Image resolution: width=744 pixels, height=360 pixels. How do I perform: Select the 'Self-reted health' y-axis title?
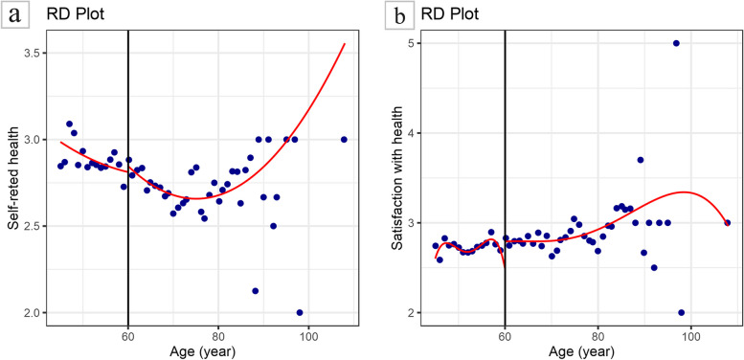click(12, 177)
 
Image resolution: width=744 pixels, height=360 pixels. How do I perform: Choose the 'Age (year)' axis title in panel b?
click(575, 351)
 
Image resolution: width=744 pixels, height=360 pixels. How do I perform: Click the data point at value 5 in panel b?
click(676, 43)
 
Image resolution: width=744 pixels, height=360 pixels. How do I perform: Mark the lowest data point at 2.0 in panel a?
click(300, 312)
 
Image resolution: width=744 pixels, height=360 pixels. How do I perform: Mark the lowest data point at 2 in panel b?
click(681, 312)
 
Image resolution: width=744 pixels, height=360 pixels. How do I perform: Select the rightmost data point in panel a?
click(344, 139)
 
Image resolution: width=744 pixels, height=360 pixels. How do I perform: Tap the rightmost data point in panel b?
click(727, 222)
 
